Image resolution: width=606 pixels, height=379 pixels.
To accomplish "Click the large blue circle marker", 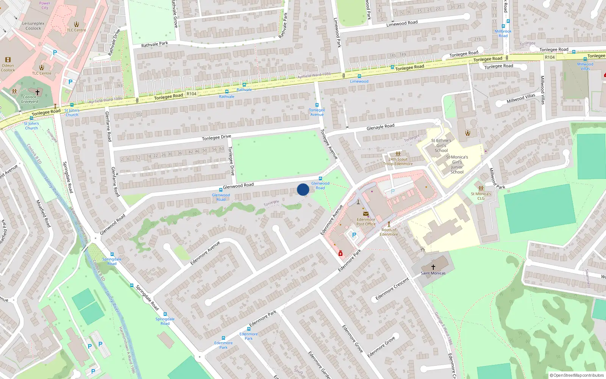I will tap(303, 189).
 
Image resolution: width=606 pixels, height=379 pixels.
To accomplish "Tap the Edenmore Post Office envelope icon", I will tap(366, 214).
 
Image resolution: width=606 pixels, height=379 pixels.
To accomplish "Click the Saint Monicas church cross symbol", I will tap(433, 267).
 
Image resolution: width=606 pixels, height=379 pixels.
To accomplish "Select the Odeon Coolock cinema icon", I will tap(8, 60).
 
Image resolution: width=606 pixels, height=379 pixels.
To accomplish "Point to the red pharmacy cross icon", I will tap(340, 254).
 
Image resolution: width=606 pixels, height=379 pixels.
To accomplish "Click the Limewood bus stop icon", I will tap(359, 76).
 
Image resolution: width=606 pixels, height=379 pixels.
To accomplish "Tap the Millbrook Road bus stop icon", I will tap(508, 21).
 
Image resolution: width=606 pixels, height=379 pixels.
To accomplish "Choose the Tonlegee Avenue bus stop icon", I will tap(317, 105).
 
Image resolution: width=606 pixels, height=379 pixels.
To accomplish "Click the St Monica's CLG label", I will tap(481, 196).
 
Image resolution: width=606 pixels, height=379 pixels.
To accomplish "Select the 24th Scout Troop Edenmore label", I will tap(398, 161).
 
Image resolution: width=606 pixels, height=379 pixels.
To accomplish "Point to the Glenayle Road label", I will tap(380, 127).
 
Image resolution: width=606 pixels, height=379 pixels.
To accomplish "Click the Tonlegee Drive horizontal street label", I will tap(216, 137).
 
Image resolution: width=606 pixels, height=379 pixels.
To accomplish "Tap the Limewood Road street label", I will tap(402, 23).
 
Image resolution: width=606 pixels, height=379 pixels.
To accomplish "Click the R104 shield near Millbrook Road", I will tap(550, 57).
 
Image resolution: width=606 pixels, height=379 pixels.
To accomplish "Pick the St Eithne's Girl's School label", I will tap(441, 145).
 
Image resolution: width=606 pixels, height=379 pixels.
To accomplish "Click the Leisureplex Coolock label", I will tap(33, 26).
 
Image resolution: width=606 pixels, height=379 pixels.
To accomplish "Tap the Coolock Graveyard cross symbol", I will tap(37, 92).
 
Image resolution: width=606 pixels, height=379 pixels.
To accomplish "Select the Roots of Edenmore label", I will tap(389, 232).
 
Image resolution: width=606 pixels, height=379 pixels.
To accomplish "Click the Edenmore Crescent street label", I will tap(392, 289).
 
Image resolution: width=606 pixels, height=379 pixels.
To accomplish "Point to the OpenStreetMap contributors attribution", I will tap(577, 375).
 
